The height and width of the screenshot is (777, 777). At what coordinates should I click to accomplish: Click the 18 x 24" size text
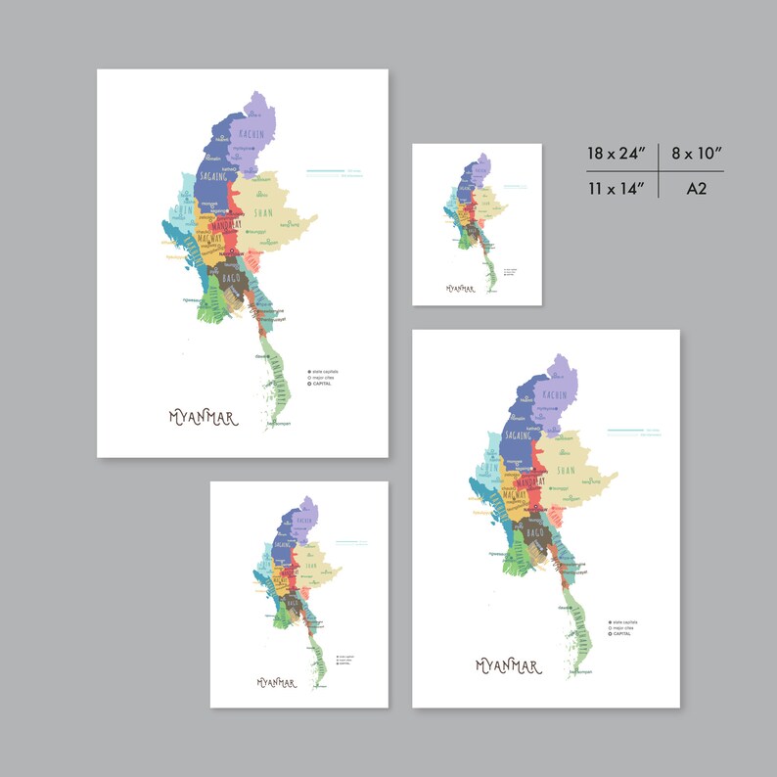[x=617, y=154]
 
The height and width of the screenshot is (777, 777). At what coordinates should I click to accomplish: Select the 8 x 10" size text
[x=697, y=154]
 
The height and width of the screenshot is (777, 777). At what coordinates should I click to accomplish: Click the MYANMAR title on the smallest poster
[x=460, y=289]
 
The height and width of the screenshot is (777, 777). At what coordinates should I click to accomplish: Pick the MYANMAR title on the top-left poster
[x=203, y=418]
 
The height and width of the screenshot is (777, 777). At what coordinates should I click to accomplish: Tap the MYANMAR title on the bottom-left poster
[x=277, y=682]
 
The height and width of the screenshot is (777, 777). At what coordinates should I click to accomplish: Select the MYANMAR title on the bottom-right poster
[x=507, y=666]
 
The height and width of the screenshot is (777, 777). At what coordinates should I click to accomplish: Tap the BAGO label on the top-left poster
[x=232, y=279]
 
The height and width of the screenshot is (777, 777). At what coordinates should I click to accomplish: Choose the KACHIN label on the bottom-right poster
[x=554, y=394]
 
